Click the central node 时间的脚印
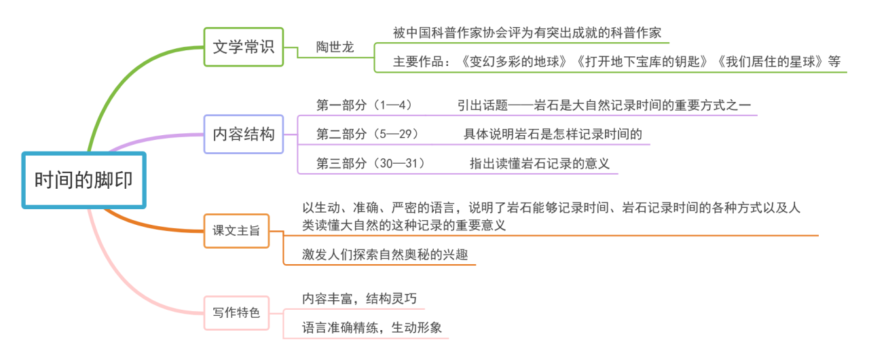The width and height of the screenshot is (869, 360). pyautogui.click(x=84, y=181)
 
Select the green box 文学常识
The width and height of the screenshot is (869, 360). pyautogui.click(x=244, y=47)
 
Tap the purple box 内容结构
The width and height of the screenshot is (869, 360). pyautogui.click(x=244, y=134)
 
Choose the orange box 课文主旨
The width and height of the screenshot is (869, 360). pyautogui.click(x=236, y=231)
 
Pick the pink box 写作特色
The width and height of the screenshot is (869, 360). pyautogui.click(x=236, y=312)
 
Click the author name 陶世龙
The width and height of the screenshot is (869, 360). pyautogui.click(x=335, y=47)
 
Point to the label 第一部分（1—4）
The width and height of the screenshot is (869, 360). pyautogui.click(x=365, y=105)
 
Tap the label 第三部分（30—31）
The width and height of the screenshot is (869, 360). pyautogui.click(x=371, y=163)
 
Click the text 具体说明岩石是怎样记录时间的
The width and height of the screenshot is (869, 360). pyautogui.click(x=553, y=134)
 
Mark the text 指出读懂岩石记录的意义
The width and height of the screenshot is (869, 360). pyautogui.click(x=540, y=163)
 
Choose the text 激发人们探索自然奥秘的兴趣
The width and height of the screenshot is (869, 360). pyautogui.click(x=385, y=255)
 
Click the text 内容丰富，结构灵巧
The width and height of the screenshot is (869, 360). pyautogui.click(x=359, y=299)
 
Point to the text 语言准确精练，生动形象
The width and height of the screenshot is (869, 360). pyautogui.click(x=371, y=328)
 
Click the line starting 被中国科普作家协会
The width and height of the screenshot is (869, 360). pyautogui.click(x=527, y=33)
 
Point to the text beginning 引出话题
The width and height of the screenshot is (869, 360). pyautogui.click(x=604, y=105)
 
